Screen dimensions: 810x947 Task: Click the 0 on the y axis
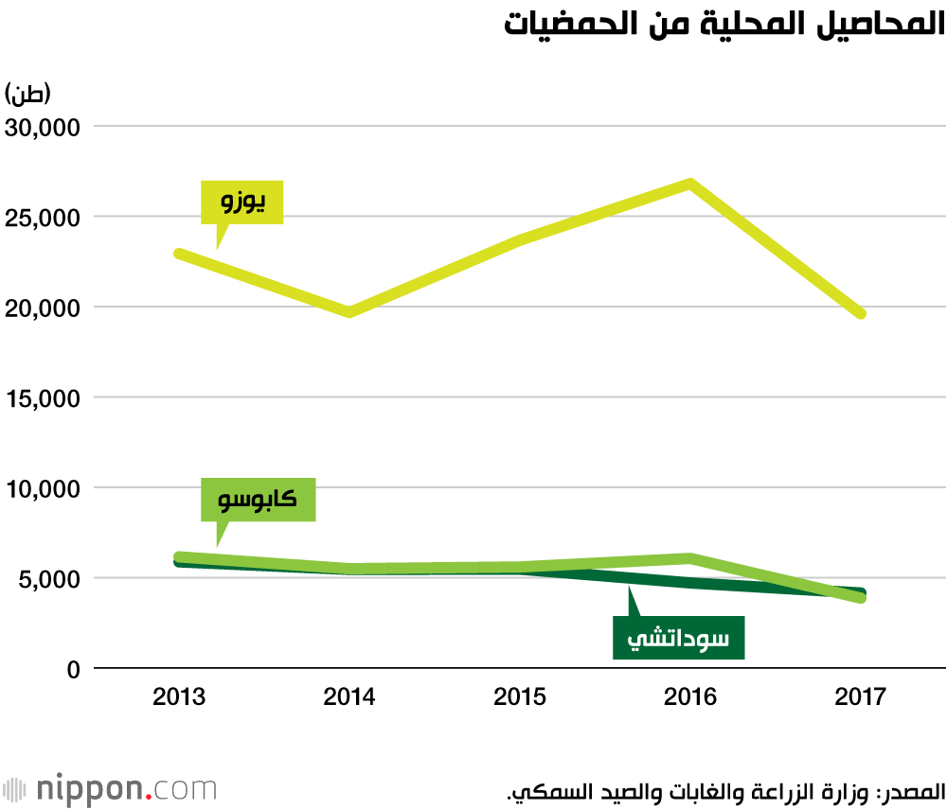pyautogui.click(x=73, y=669)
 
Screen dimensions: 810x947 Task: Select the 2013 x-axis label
pyautogui.click(x=179, y=698)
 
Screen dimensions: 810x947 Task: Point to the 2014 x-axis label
pyautogui.click(x=349, y=698)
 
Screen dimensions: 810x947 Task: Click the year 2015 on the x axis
pyautogui.click(x=520, y=698)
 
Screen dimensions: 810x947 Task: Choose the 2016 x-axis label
pyautogui.click(x=690, y=698)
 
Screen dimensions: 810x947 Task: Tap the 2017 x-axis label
pyautogui.click(x=861, y=698)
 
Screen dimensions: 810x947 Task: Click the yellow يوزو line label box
pyautogui.click(x=242, y=202)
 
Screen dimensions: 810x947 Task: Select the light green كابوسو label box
pyautogui.click(x=258, y=500)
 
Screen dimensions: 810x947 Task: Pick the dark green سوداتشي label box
pyautogui.click(x=678, y=638)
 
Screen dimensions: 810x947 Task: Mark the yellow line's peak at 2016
pyautogui.click(x=691, y=184)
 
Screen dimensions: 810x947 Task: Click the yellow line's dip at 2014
pyautogui.click(x=349, y=311)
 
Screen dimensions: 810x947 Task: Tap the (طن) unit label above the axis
pyautogui.click(x=28, y=95)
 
